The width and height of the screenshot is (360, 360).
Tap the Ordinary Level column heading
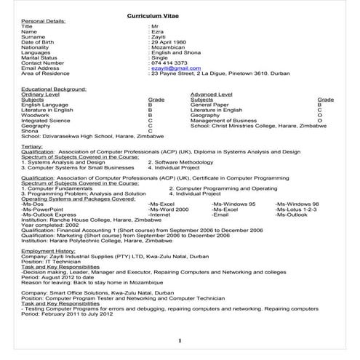click(x=41, y=94)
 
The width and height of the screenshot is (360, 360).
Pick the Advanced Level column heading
click(x=212, y=94)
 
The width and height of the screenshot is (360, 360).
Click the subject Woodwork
click(x=36, y=115)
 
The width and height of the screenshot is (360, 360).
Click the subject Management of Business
click(x=223, y=120)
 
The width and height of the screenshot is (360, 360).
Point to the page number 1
click(x=179, y=340)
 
